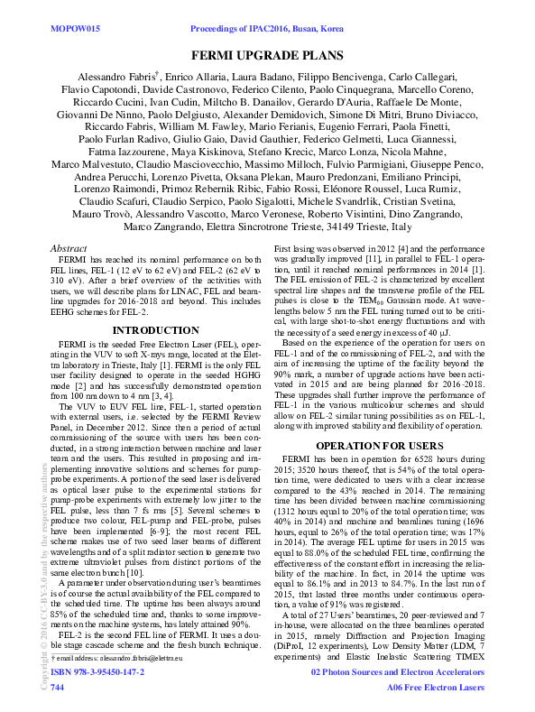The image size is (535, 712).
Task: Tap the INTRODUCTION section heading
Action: (154, 330)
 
